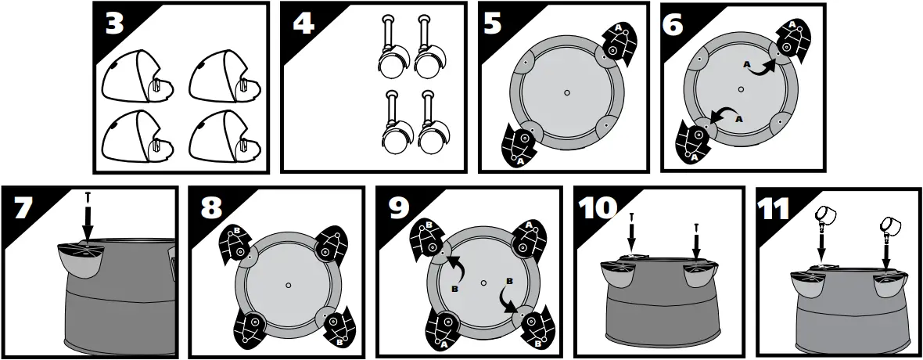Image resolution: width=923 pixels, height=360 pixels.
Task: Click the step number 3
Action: pos(114,24)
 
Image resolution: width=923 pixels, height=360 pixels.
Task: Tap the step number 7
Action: pos(24,209)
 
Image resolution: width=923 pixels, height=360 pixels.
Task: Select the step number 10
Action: pos(598,209)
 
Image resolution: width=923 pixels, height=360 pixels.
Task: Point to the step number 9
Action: pos(400,209)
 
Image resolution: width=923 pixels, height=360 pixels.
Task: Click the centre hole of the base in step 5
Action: pos(566,92)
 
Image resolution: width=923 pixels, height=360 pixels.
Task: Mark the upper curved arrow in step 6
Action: pos(758,68)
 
